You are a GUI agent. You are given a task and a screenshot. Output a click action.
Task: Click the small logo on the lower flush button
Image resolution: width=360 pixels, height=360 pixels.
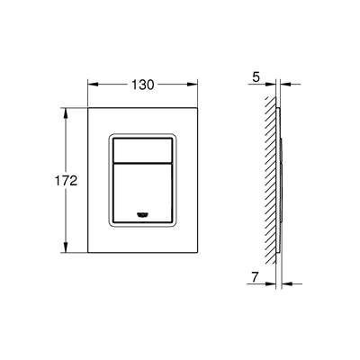(144, 212)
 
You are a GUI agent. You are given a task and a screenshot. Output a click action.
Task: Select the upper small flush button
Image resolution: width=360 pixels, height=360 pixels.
(144, 150)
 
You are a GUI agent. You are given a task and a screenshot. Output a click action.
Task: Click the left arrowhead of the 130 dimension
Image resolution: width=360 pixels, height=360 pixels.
(92, 85)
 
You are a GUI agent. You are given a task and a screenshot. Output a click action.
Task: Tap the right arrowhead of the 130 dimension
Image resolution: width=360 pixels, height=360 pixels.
(195, 85)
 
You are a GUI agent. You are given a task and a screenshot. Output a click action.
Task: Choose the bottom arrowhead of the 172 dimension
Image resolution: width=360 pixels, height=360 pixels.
(66, 248)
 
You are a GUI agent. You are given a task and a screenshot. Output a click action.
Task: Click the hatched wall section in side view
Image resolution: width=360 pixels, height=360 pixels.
(271, 180)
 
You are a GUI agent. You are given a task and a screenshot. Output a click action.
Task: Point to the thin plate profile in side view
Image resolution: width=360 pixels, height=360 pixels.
(281, 180)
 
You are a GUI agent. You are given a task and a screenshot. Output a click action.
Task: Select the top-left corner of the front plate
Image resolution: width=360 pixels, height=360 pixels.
(88, 109)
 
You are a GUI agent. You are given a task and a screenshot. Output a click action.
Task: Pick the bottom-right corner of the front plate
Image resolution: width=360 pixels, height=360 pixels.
(199, 253)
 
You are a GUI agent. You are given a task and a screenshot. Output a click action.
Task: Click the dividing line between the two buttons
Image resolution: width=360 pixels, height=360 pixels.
(144, 163)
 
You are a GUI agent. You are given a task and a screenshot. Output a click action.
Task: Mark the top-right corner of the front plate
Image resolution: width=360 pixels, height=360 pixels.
(199, 109)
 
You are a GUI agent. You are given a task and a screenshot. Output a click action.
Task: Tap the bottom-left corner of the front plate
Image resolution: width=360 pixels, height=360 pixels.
(88, 253)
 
